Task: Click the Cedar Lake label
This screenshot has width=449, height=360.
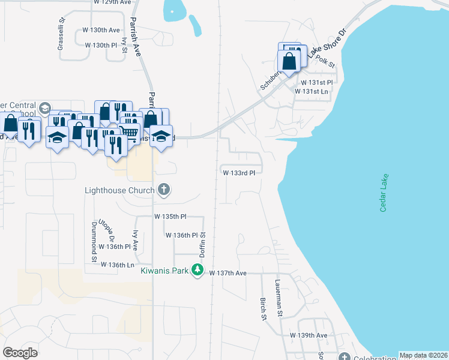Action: click(382, 193)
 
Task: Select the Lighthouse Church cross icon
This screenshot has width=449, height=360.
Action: click(163, 190)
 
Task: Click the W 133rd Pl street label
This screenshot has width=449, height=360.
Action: click(239, 173)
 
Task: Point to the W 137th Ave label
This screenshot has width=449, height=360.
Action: click(228, 273)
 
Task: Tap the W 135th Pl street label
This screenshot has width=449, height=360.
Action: click(170, 216)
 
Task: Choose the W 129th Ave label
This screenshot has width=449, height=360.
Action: click(113, 2)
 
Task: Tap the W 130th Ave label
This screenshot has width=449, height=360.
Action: click(101, 29)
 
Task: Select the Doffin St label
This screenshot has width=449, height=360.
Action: click(203, 245)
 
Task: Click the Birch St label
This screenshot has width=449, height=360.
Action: click(263, 308)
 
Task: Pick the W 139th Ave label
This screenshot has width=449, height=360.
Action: click(309, 335)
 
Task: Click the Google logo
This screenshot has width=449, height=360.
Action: click(20, 353)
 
